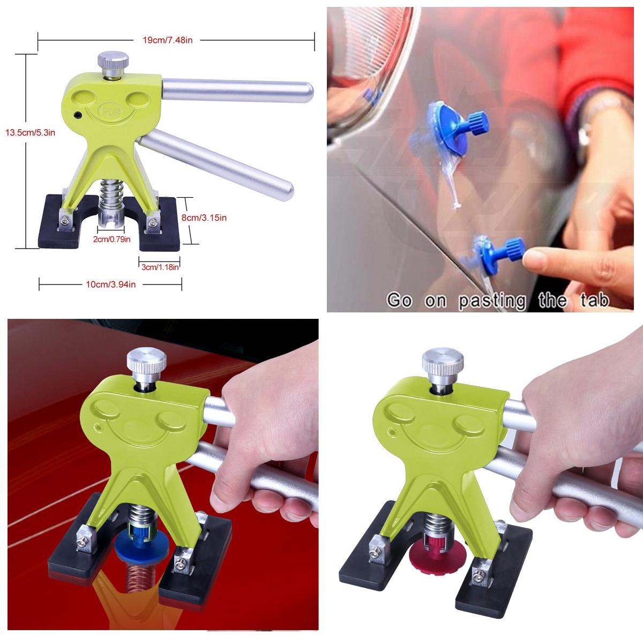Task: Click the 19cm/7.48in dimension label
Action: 168,40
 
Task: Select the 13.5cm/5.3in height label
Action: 31,133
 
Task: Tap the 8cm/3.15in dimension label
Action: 204,218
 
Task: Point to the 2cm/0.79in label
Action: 111,239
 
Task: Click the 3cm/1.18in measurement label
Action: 160,267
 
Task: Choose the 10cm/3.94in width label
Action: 111,285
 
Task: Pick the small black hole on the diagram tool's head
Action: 77,115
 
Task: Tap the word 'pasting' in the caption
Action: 491,300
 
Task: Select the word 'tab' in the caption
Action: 595,300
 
